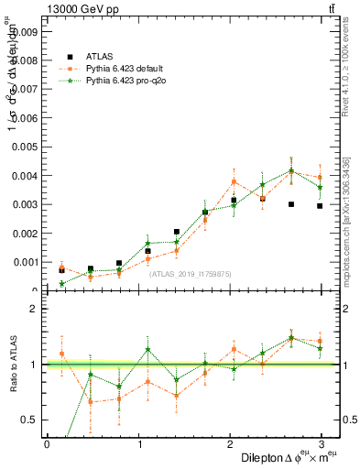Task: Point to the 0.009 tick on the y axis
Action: click(26, 31)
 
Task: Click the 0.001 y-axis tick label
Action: click(26, 262)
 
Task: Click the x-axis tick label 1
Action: click(138, 443)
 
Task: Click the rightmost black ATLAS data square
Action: click(320, 206)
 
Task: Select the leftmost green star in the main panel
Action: click(61, 283)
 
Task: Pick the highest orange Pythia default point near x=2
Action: click(234, 181)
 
